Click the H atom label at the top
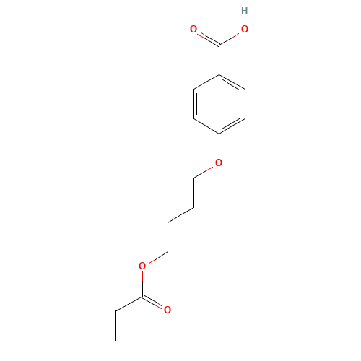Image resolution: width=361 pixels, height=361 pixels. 244,12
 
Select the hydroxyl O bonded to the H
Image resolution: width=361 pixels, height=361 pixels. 244,30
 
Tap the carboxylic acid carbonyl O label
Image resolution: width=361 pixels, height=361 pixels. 193,30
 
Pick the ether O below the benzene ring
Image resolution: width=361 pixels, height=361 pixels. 219,162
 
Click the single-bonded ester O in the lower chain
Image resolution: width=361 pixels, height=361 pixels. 142,266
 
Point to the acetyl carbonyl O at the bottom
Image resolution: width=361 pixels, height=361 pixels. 168,310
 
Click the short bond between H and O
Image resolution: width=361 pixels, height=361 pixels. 244,20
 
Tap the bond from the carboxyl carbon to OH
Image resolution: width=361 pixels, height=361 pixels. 231,38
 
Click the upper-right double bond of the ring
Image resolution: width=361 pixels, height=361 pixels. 231,82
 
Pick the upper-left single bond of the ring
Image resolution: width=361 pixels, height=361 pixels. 206,82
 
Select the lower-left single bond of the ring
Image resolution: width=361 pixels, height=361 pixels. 206,126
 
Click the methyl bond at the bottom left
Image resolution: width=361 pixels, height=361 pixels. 130,303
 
